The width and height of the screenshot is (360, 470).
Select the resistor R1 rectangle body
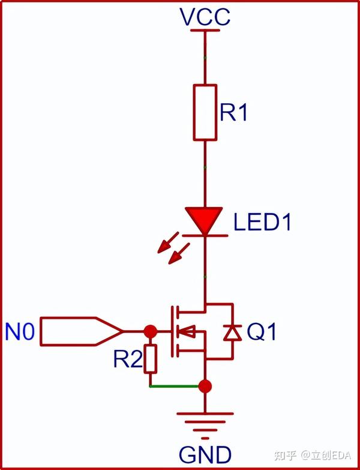point(205,112)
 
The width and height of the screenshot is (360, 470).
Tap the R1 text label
point(234,113)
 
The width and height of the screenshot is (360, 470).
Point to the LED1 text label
point(262,223)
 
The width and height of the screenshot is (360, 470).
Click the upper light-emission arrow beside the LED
point(167,246)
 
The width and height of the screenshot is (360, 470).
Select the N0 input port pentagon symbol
point(82,331)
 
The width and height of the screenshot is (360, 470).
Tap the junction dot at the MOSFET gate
point(150,331)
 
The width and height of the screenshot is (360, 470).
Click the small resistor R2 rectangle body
point(150,358)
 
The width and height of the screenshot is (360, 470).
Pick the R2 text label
point(128,360)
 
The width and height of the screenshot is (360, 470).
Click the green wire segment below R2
point(174,386)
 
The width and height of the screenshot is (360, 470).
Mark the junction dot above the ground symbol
point(205,386)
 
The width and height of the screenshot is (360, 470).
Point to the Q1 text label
point(262,332)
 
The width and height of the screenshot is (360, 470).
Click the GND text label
point(206,454)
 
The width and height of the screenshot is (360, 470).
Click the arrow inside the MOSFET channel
point(188,331)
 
